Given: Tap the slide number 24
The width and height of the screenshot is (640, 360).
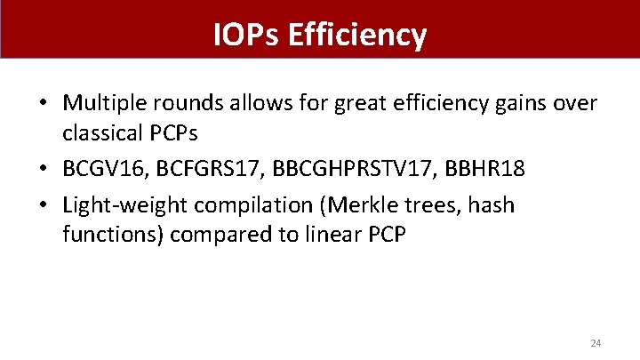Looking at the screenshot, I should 596,342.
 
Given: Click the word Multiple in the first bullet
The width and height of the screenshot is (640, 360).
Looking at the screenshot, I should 101,105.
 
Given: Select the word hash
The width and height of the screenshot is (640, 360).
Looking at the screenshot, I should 493,205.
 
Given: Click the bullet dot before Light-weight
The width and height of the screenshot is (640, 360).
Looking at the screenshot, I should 43,206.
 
